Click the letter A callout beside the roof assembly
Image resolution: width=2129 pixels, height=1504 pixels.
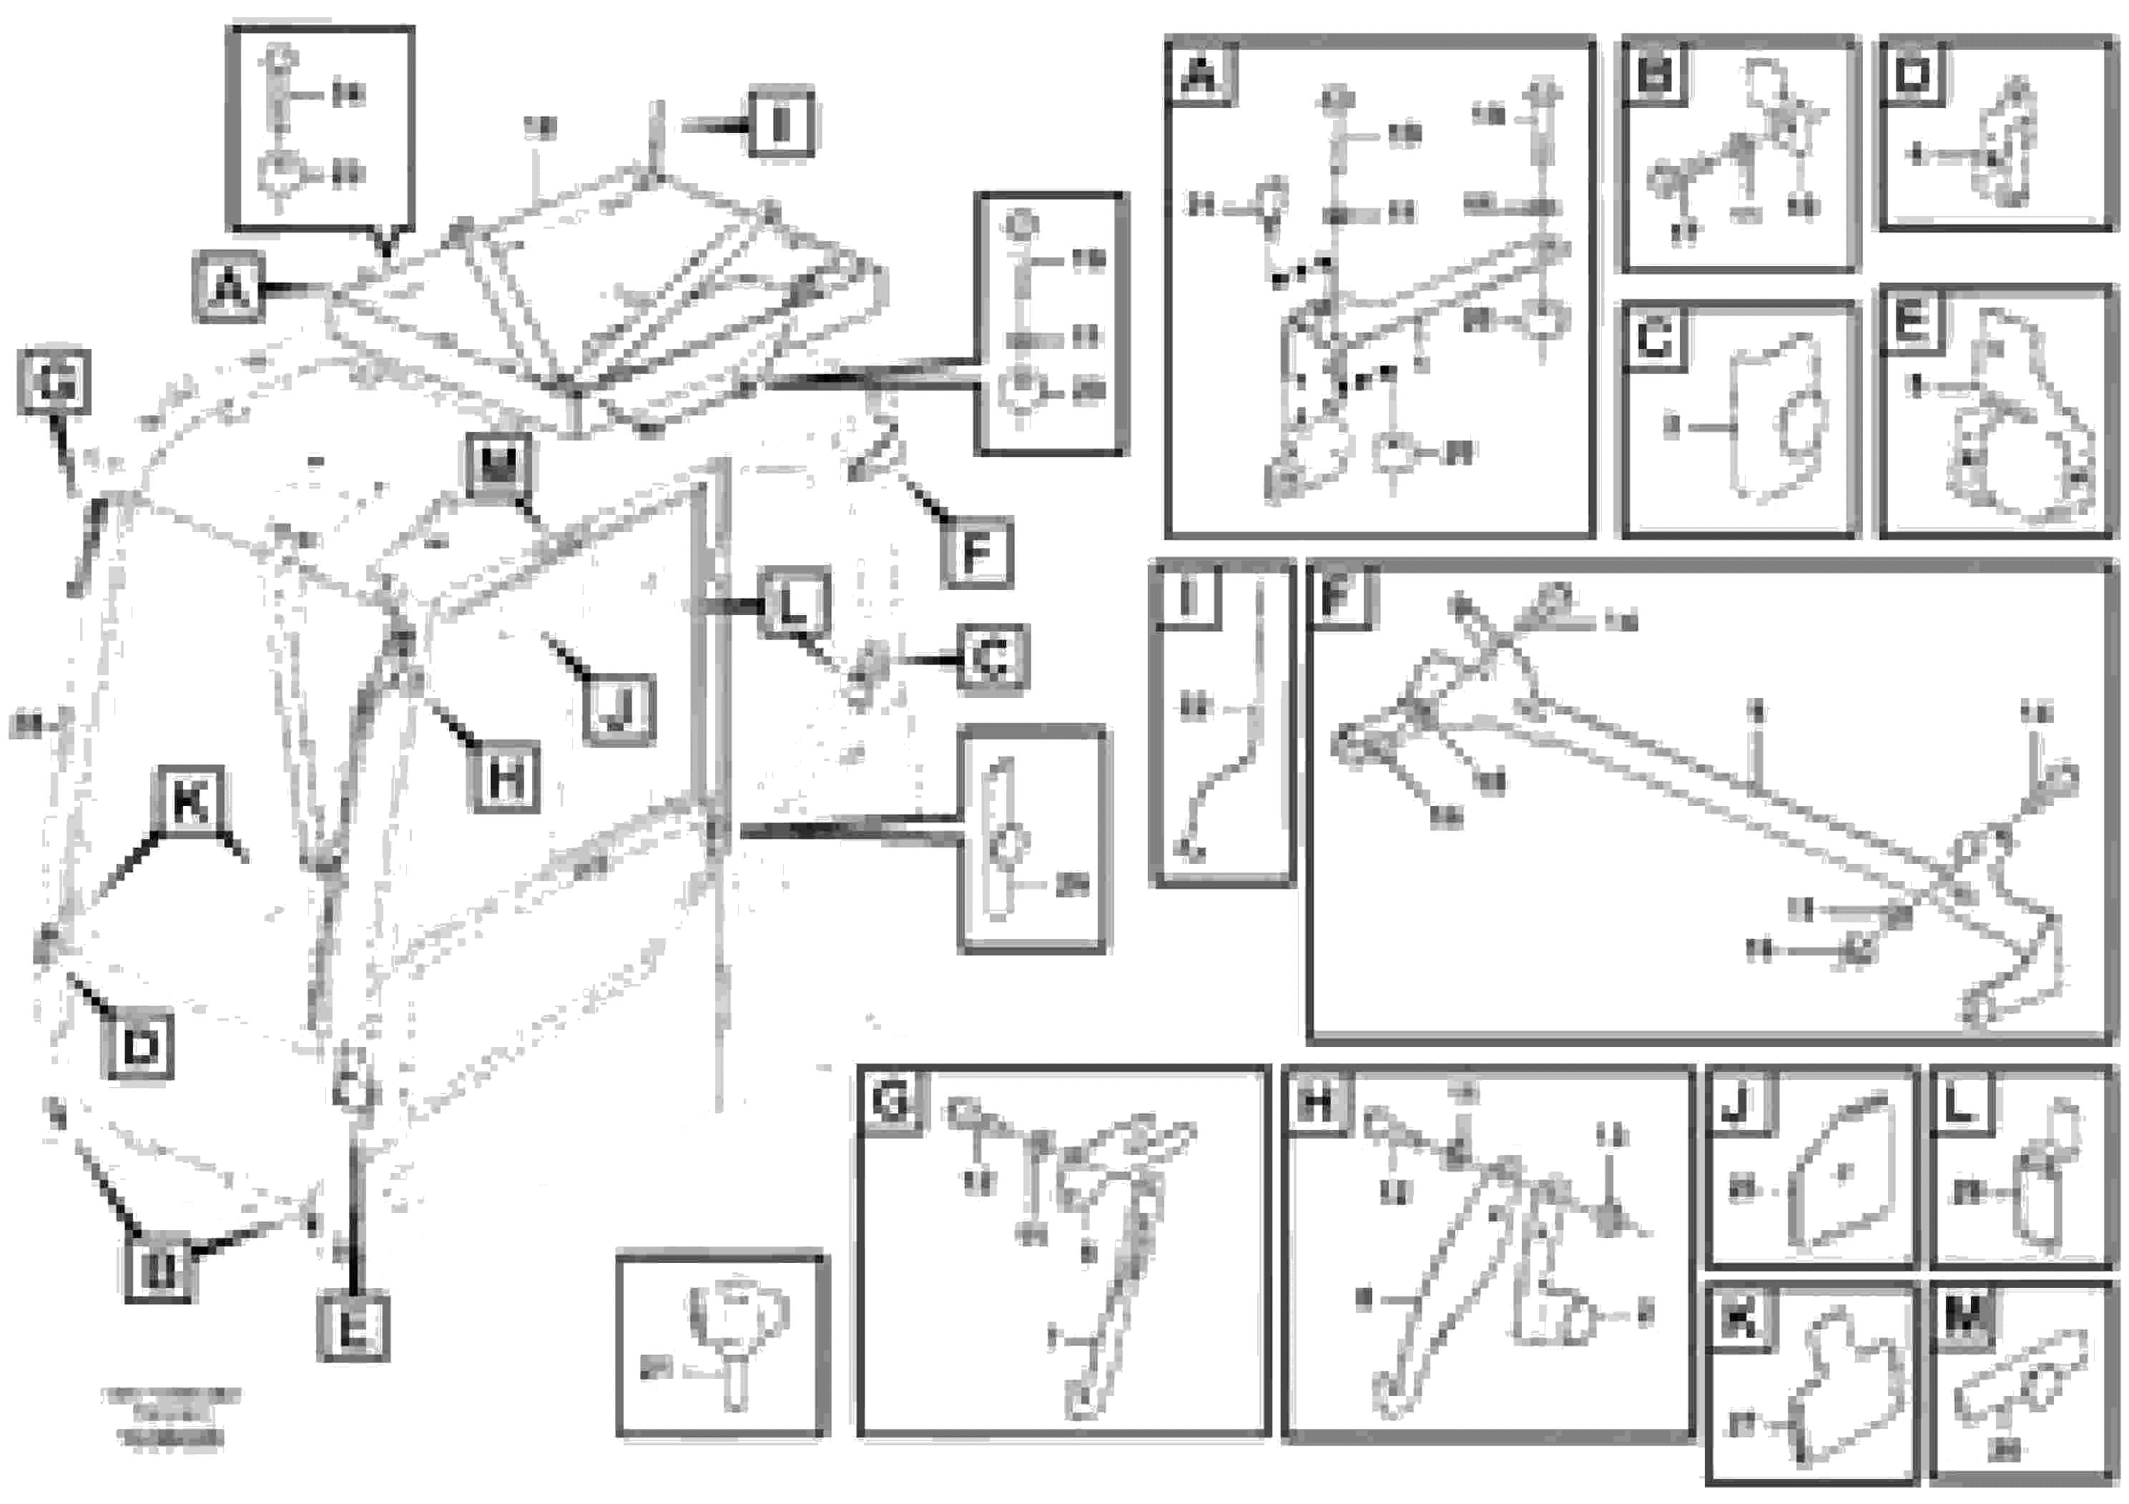(228, 287)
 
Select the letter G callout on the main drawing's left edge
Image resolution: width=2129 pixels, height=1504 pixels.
(54, 382)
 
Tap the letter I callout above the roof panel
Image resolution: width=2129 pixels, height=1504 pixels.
(781, 122)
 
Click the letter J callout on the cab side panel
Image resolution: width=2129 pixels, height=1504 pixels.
(619, 711)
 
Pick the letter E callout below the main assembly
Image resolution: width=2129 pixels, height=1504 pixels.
(353, 1328)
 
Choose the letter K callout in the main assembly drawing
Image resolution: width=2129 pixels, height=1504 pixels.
(191, 800)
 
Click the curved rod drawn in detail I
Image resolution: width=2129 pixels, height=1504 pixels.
(1233, 760)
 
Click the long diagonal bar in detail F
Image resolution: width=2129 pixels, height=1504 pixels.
(1753, 797)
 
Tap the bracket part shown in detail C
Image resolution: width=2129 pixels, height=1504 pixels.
(1780, 422)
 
